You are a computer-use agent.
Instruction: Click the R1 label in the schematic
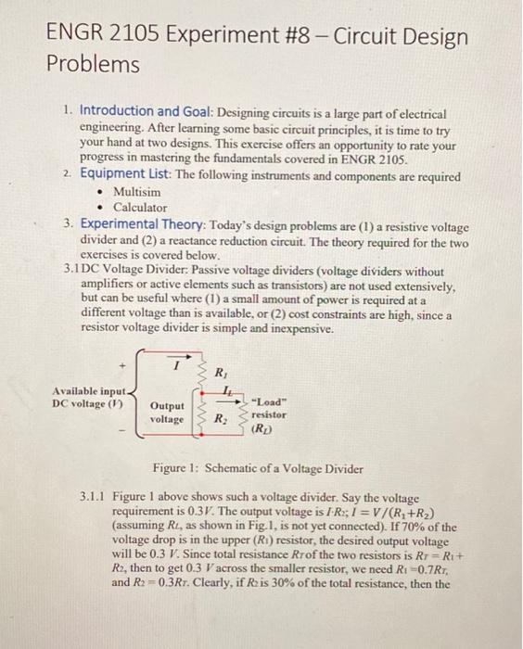tap(220, 374)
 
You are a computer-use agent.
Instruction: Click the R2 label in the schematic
tap(222, 419)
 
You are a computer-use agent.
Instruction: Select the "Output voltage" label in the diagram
tap(167, 413)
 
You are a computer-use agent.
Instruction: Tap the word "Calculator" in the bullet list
tap(140, 208)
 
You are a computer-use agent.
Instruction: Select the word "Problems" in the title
tap(93, 66)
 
